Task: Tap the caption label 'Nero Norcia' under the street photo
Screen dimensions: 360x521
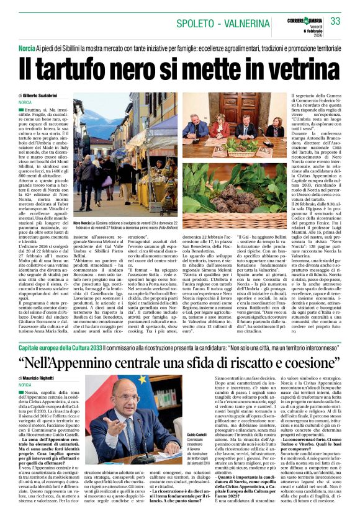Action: pyautogui.click(x=83, y=222)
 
